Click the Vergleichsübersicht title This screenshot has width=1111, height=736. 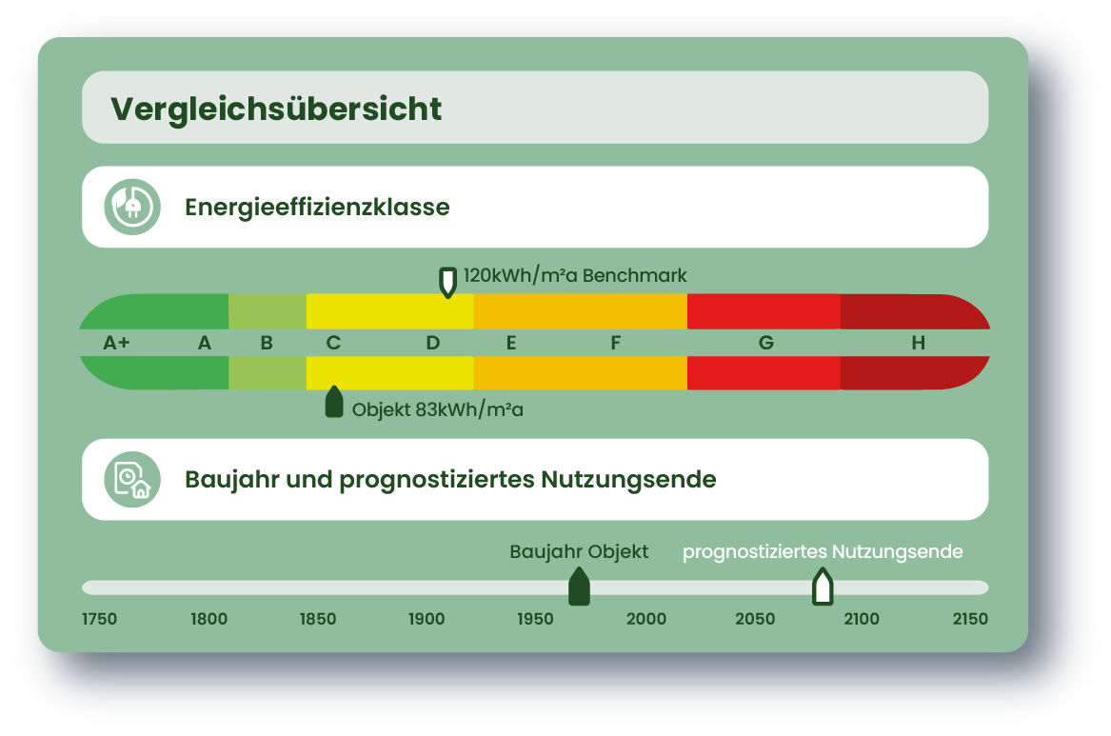point(276,109)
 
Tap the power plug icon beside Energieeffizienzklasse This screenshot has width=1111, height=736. point(132,207)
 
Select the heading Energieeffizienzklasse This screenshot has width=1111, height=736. point(317,207)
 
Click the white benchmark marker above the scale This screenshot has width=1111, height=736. point(447,282)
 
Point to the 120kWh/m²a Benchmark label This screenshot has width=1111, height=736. point(575,275)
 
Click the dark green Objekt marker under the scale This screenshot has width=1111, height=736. point(334,402)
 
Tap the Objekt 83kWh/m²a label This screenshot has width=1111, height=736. point(437,409)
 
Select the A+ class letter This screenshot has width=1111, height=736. point(117,343)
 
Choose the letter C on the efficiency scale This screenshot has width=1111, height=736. point(334,343)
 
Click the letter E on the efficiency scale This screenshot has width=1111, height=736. point(511,343)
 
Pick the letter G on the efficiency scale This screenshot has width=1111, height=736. point(766,343)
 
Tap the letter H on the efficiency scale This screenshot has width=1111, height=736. point(919,343)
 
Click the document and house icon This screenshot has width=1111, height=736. point(132,480)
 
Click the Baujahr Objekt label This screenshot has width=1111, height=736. point(579,552)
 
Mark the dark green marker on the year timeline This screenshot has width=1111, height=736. point(580,587)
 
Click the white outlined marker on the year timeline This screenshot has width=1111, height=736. point(823,587)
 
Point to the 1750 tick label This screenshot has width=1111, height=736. point(99,619)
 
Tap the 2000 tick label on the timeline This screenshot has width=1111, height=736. point(646,619)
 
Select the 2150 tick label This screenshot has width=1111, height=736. point(970,619)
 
